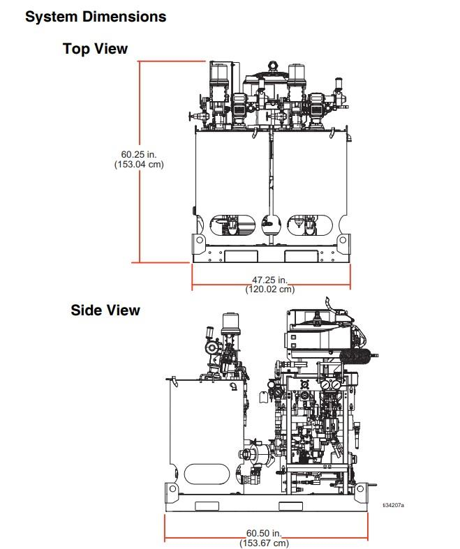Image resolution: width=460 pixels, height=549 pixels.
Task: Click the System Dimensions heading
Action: point(96,17)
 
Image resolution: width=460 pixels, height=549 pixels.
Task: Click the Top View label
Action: point(95,48)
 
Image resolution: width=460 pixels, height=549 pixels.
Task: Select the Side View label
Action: point(105,310)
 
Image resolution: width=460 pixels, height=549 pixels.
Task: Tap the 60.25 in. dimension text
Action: point(139,154)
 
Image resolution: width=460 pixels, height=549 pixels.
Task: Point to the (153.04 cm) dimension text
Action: point(139,164)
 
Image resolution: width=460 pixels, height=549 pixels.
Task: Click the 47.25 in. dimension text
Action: point(269,280)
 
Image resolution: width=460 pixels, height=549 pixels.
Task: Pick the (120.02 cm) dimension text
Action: point(269,289)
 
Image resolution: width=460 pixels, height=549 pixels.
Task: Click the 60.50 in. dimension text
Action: point(264,533)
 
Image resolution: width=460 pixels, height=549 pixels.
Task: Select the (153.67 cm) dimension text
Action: point(264,543)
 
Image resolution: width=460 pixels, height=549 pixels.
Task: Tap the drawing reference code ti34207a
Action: point(393,505)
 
